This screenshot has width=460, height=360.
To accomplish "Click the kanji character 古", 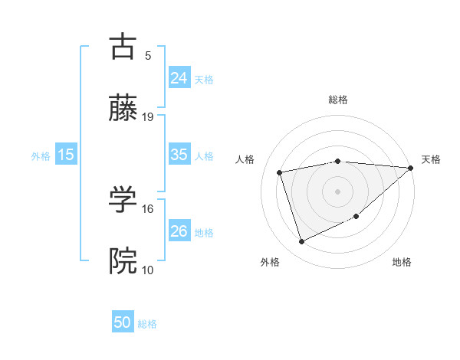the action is pos(123,47).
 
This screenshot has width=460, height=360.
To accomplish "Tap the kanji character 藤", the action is pos(123,109).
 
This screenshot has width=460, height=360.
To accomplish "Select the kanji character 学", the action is pos(123,200).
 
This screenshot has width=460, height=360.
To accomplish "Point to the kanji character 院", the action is pos(123,261).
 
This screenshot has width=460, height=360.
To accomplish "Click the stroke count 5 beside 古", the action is pos(148,55).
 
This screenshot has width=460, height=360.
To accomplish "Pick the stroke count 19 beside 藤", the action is pos(148,116).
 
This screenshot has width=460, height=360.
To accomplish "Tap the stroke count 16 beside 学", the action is pos(148,208).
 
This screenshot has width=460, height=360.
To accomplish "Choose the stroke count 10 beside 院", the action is pos(148,269).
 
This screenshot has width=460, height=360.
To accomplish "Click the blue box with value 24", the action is pos(179,78).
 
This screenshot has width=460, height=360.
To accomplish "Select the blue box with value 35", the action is pos(179,155).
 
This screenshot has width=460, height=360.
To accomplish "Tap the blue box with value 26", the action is pos(179,231).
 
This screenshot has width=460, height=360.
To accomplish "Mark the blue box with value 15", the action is pos(66,155).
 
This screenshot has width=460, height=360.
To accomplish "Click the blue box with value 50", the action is pos(123,322).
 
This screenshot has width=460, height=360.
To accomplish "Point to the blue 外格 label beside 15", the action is pos(41,155).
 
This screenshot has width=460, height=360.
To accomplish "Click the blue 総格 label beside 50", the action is pos(147,324).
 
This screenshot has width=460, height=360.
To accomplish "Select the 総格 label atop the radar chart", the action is pos(338,100).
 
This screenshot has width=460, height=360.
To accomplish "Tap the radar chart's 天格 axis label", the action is pos(431,159).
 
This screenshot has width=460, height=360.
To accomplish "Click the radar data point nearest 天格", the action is pos(410,168).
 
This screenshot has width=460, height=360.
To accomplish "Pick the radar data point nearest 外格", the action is pos(301,242).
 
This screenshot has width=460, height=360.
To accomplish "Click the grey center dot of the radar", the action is pos(337,191).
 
